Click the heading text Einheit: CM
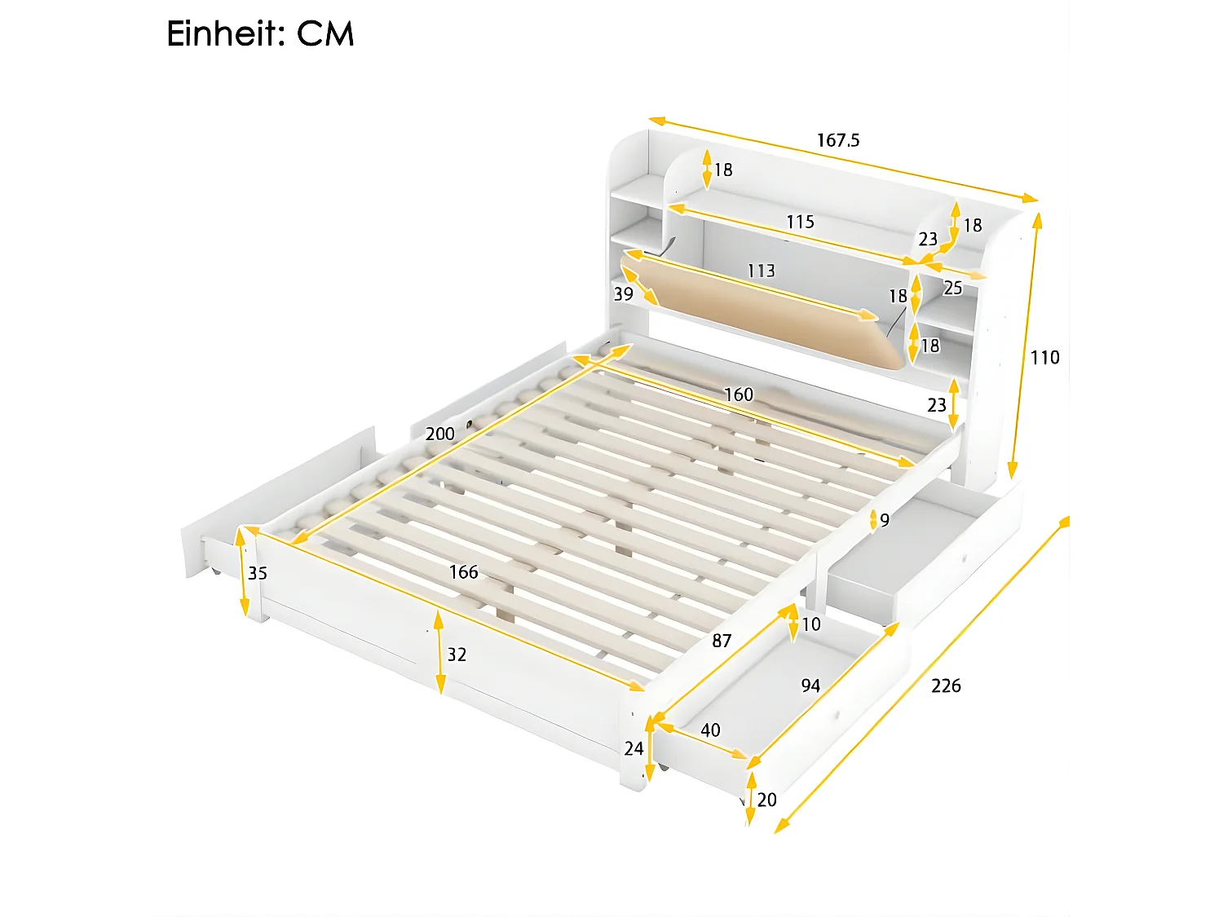click(x=260, y=34)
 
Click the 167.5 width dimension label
click(x=838, y=140)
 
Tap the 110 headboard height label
click(x=1044, y=357)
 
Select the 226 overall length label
click(x=946, y=686)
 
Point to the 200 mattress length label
click(x=439, y=434)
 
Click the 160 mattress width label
click(x=738, y=395)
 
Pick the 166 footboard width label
click(x=463, y=572)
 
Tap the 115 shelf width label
click(x=800, y=222)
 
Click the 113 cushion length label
click(x=761, y=271)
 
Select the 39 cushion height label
click(x=623, y=294)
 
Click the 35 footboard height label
click(x=258, y=573)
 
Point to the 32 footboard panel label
click(x=457, y=655)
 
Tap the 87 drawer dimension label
click(x=722, y=641)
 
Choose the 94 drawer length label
click(x=810, y=686)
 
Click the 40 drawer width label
click(x=710, y=730)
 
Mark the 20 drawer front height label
click(x=766, y=800)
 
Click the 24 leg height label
click(x=634, y=748)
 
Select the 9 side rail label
click(x=885, y=520)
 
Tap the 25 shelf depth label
click(x=952, y=288)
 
